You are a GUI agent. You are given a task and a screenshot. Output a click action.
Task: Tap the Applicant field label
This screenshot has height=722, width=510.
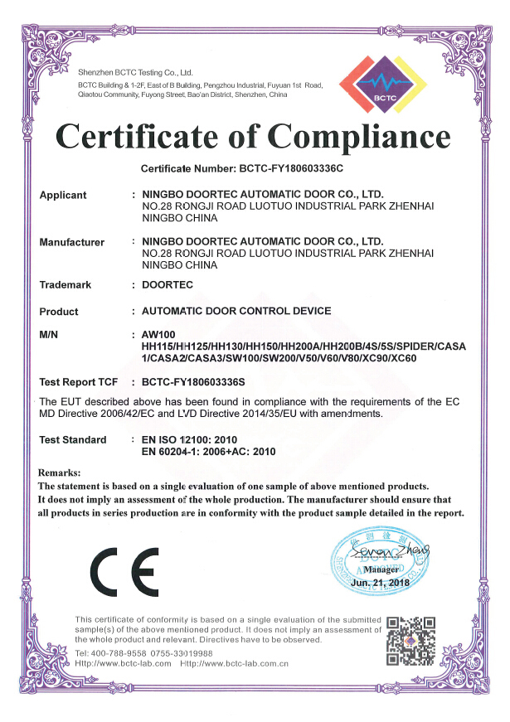[x=63, y=196]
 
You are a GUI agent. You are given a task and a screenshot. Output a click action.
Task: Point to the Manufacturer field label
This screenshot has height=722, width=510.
[x=72, y=243]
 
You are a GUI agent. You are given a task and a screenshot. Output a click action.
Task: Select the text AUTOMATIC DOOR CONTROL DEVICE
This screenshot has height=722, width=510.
[x=236, y=312]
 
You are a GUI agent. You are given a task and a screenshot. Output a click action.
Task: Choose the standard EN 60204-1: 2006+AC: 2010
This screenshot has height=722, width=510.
[x=208, y=452]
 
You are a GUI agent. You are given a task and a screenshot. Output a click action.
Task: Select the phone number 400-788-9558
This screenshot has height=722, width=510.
[x=117, y=653]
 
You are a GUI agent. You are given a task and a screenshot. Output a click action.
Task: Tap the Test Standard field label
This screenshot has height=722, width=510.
[x=73, y=439]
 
